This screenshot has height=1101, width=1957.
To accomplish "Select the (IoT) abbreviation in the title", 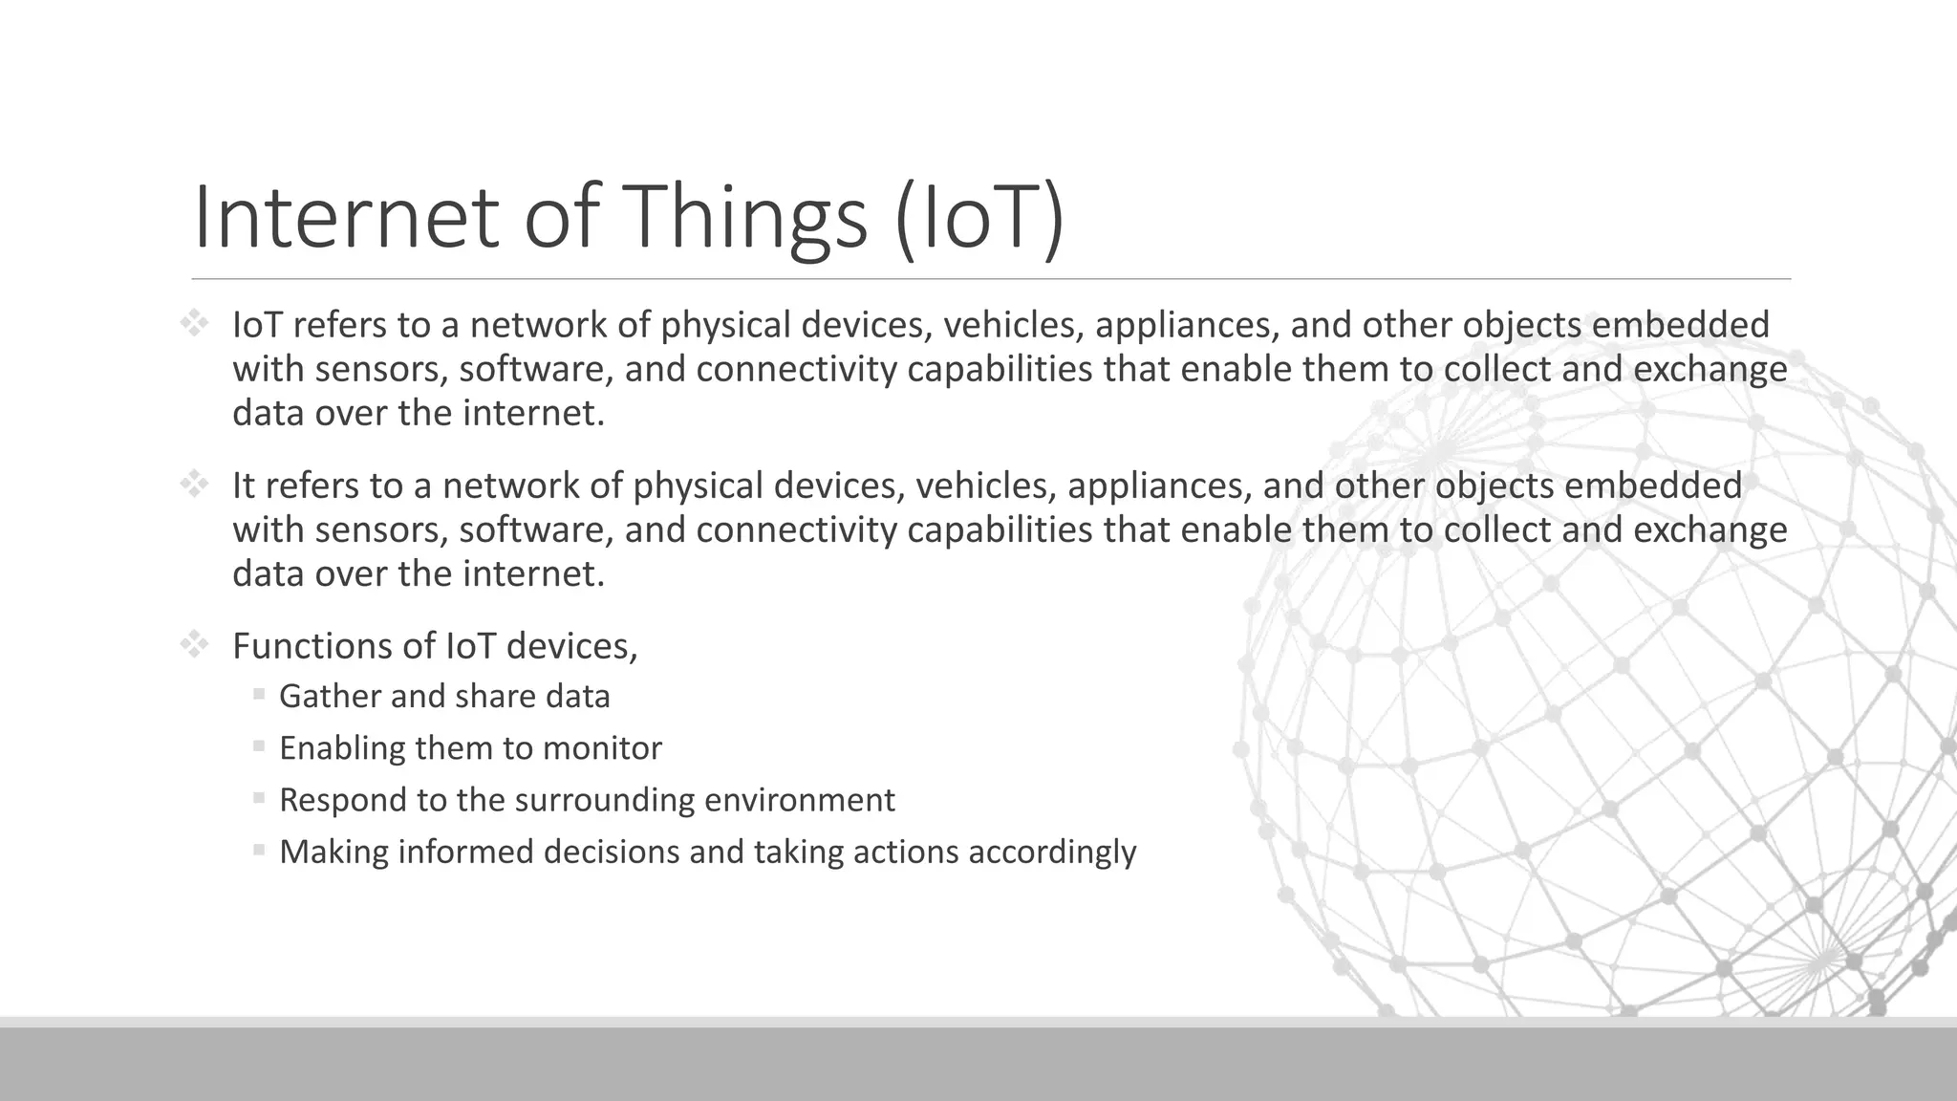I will coord(979,218).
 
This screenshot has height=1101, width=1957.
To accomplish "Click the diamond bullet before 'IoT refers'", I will coord(194,324).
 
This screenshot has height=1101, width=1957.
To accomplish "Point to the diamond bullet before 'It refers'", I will coord(194,485).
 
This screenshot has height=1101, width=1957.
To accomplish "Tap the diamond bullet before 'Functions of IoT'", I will coord(194,645).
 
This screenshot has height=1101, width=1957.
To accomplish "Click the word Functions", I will coord(312,647).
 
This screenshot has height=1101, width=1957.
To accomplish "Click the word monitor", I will coord(602,748).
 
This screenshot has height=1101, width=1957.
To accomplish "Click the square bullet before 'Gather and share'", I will coord(259,694).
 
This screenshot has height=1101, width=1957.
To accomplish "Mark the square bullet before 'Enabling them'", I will coord(259,745).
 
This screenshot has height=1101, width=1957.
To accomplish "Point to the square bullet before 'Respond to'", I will coord(259,797).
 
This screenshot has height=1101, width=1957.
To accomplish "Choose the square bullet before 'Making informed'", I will coord(259,849).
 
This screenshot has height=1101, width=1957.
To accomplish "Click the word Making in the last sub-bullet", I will coord(333,853).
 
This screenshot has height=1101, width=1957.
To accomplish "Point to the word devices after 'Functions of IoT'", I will coord(570,647).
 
